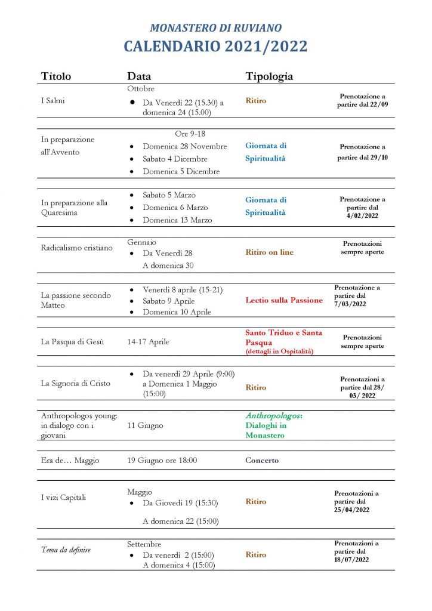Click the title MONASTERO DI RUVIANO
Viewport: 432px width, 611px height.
pyautogui.click(x=215, y=27)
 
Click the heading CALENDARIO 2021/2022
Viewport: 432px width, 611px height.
pyautogui.click(x=215, y=47)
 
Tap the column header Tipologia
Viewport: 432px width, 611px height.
pyautogui.click(x=269, y=76)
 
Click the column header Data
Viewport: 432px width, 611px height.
pyautogui.click(x=139, y=76)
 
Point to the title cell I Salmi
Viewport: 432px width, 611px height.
pyautogui.click(x=53, y=101)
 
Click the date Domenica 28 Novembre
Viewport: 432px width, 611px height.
pyautogui.click(x=184, y=146)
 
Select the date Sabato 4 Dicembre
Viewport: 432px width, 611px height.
pyautogui.click(x=175, y=159)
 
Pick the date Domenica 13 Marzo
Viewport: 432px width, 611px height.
pyautogui.click(x=177, y=220)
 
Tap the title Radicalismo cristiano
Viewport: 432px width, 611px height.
pyautogui.click(x=76, y=248)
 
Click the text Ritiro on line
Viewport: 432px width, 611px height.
pyautogui.click(x=269, y=252)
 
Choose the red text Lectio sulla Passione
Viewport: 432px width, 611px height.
pyautogui.click(x=284, y=300)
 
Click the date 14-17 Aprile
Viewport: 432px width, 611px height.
pyautogui.click(x=148, y=342)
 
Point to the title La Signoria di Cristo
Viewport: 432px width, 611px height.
pyautogui.click(x=76, y=383)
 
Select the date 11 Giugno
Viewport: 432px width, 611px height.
pyautogui.click(x=145, y=425)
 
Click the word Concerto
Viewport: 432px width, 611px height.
pyautogui.click(x=262, y=461)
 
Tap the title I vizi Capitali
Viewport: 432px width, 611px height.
pyautogui.click(x=65, y=498)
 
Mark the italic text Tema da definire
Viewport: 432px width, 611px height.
pyautogui.click(x=66, y=550)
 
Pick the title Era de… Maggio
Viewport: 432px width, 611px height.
pyautogui.click(x=70, y=461)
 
